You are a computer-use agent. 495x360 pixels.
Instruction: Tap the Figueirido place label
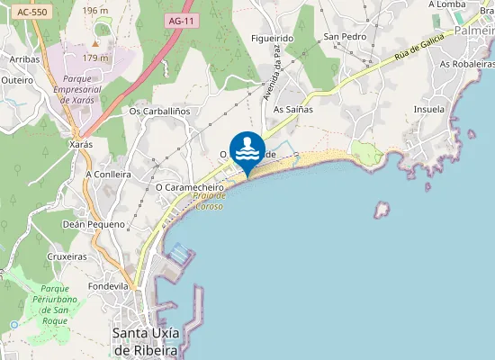click(x=273, y=39)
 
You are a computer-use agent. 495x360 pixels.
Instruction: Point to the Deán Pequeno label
click(x=94, y=224)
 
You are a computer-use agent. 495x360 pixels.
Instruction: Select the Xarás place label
click(x=81, y=143)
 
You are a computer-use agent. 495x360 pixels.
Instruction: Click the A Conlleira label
click(x=108, y=174)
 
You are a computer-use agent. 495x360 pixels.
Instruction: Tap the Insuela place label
click(x=428, y=109)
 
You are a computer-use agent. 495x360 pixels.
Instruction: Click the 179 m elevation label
click(x=95, y=58)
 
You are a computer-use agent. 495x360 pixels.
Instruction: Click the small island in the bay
click(x=382, y=209)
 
